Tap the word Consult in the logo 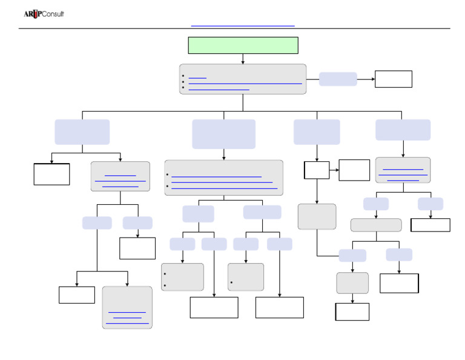(x=52, y=14)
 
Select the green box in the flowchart (x=243, y=45)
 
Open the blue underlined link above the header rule (x=242, y=26)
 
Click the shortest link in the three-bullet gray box (x=197, y=78)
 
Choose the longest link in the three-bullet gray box (x=245, y=83)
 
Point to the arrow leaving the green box (x=243, y=59)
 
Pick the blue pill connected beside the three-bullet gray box (x=338, y=79)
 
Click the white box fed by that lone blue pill (x=393, y=79)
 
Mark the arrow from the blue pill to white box (x=366, y=79)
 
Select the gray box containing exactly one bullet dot (x=245, y=276)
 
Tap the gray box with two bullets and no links (x=182, y=276)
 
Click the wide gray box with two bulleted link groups (x=223, y=178)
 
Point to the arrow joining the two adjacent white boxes (x=334, y=170)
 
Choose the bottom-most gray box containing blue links (x=127, y=307)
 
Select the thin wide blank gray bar (x=375, y=225)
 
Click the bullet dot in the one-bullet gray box (x=231, y=283)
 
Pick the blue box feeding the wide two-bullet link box (x=223, y=134)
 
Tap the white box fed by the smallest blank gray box (x=352, y=312)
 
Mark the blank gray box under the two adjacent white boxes (x=317, y=216)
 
